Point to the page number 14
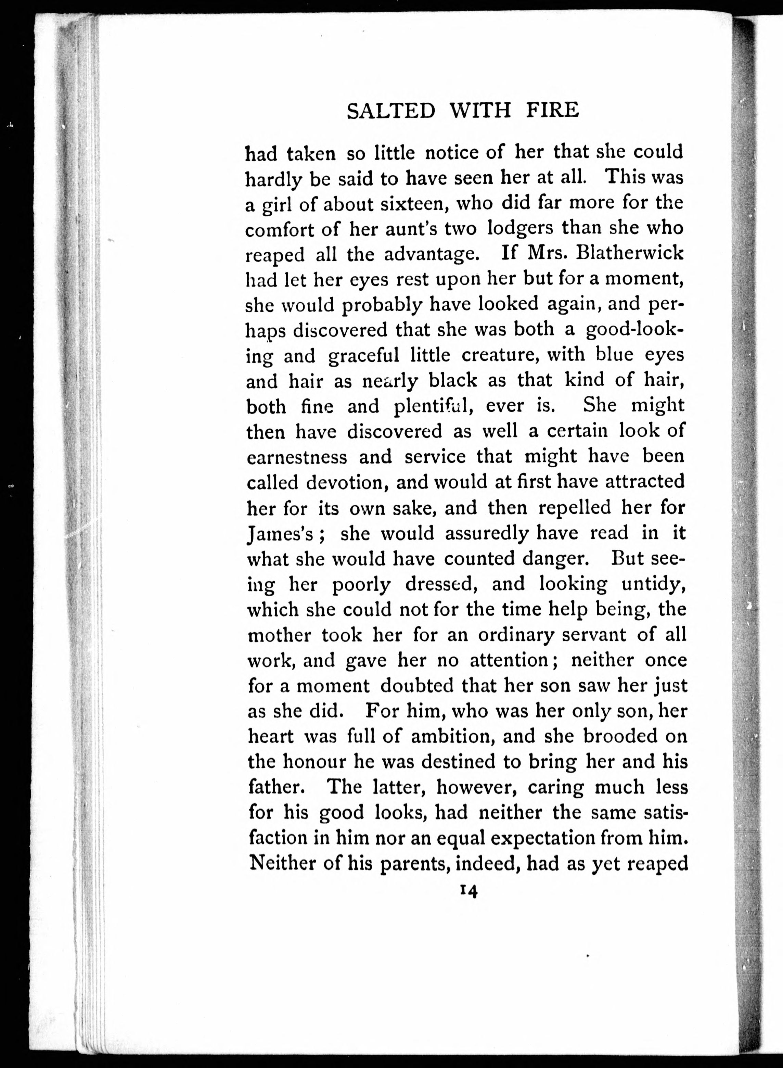468,892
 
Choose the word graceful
364,356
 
